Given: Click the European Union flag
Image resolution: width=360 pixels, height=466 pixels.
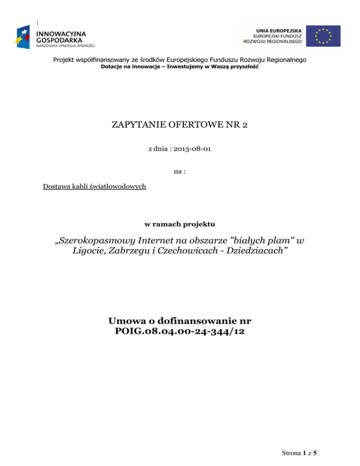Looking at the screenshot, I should pos(324,36).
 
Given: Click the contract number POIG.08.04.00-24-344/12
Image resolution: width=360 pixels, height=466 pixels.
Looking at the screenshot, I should pos(180,332).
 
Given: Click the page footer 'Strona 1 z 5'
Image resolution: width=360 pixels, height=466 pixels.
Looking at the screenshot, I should pos(297,453).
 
